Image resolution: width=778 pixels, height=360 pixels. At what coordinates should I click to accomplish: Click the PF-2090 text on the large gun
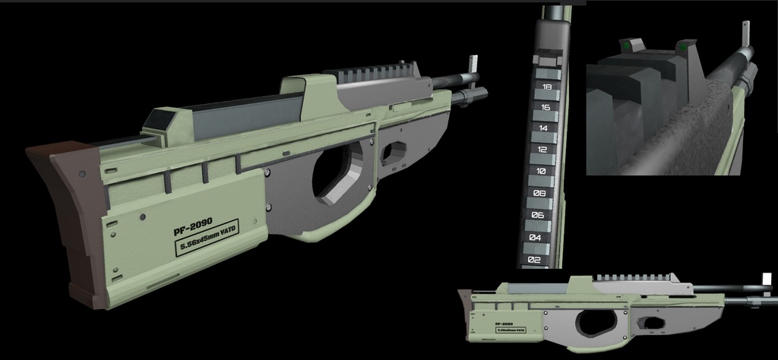[191, 226]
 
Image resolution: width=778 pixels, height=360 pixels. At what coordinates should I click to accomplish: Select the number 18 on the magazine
[547, 87]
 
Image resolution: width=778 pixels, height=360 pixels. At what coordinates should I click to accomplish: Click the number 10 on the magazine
[541, 172]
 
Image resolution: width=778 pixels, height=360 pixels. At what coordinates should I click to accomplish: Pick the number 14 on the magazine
[544, 128]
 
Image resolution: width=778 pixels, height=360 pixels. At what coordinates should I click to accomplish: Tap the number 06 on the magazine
[537, 216]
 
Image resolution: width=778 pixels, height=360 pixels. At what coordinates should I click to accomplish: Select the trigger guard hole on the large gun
[394, 151]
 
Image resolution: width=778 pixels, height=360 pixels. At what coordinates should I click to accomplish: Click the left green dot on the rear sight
[627, 47]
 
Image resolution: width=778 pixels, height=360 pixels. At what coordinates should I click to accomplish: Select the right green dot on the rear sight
[684, 49]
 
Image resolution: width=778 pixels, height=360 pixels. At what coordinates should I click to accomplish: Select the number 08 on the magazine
[539, 194]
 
